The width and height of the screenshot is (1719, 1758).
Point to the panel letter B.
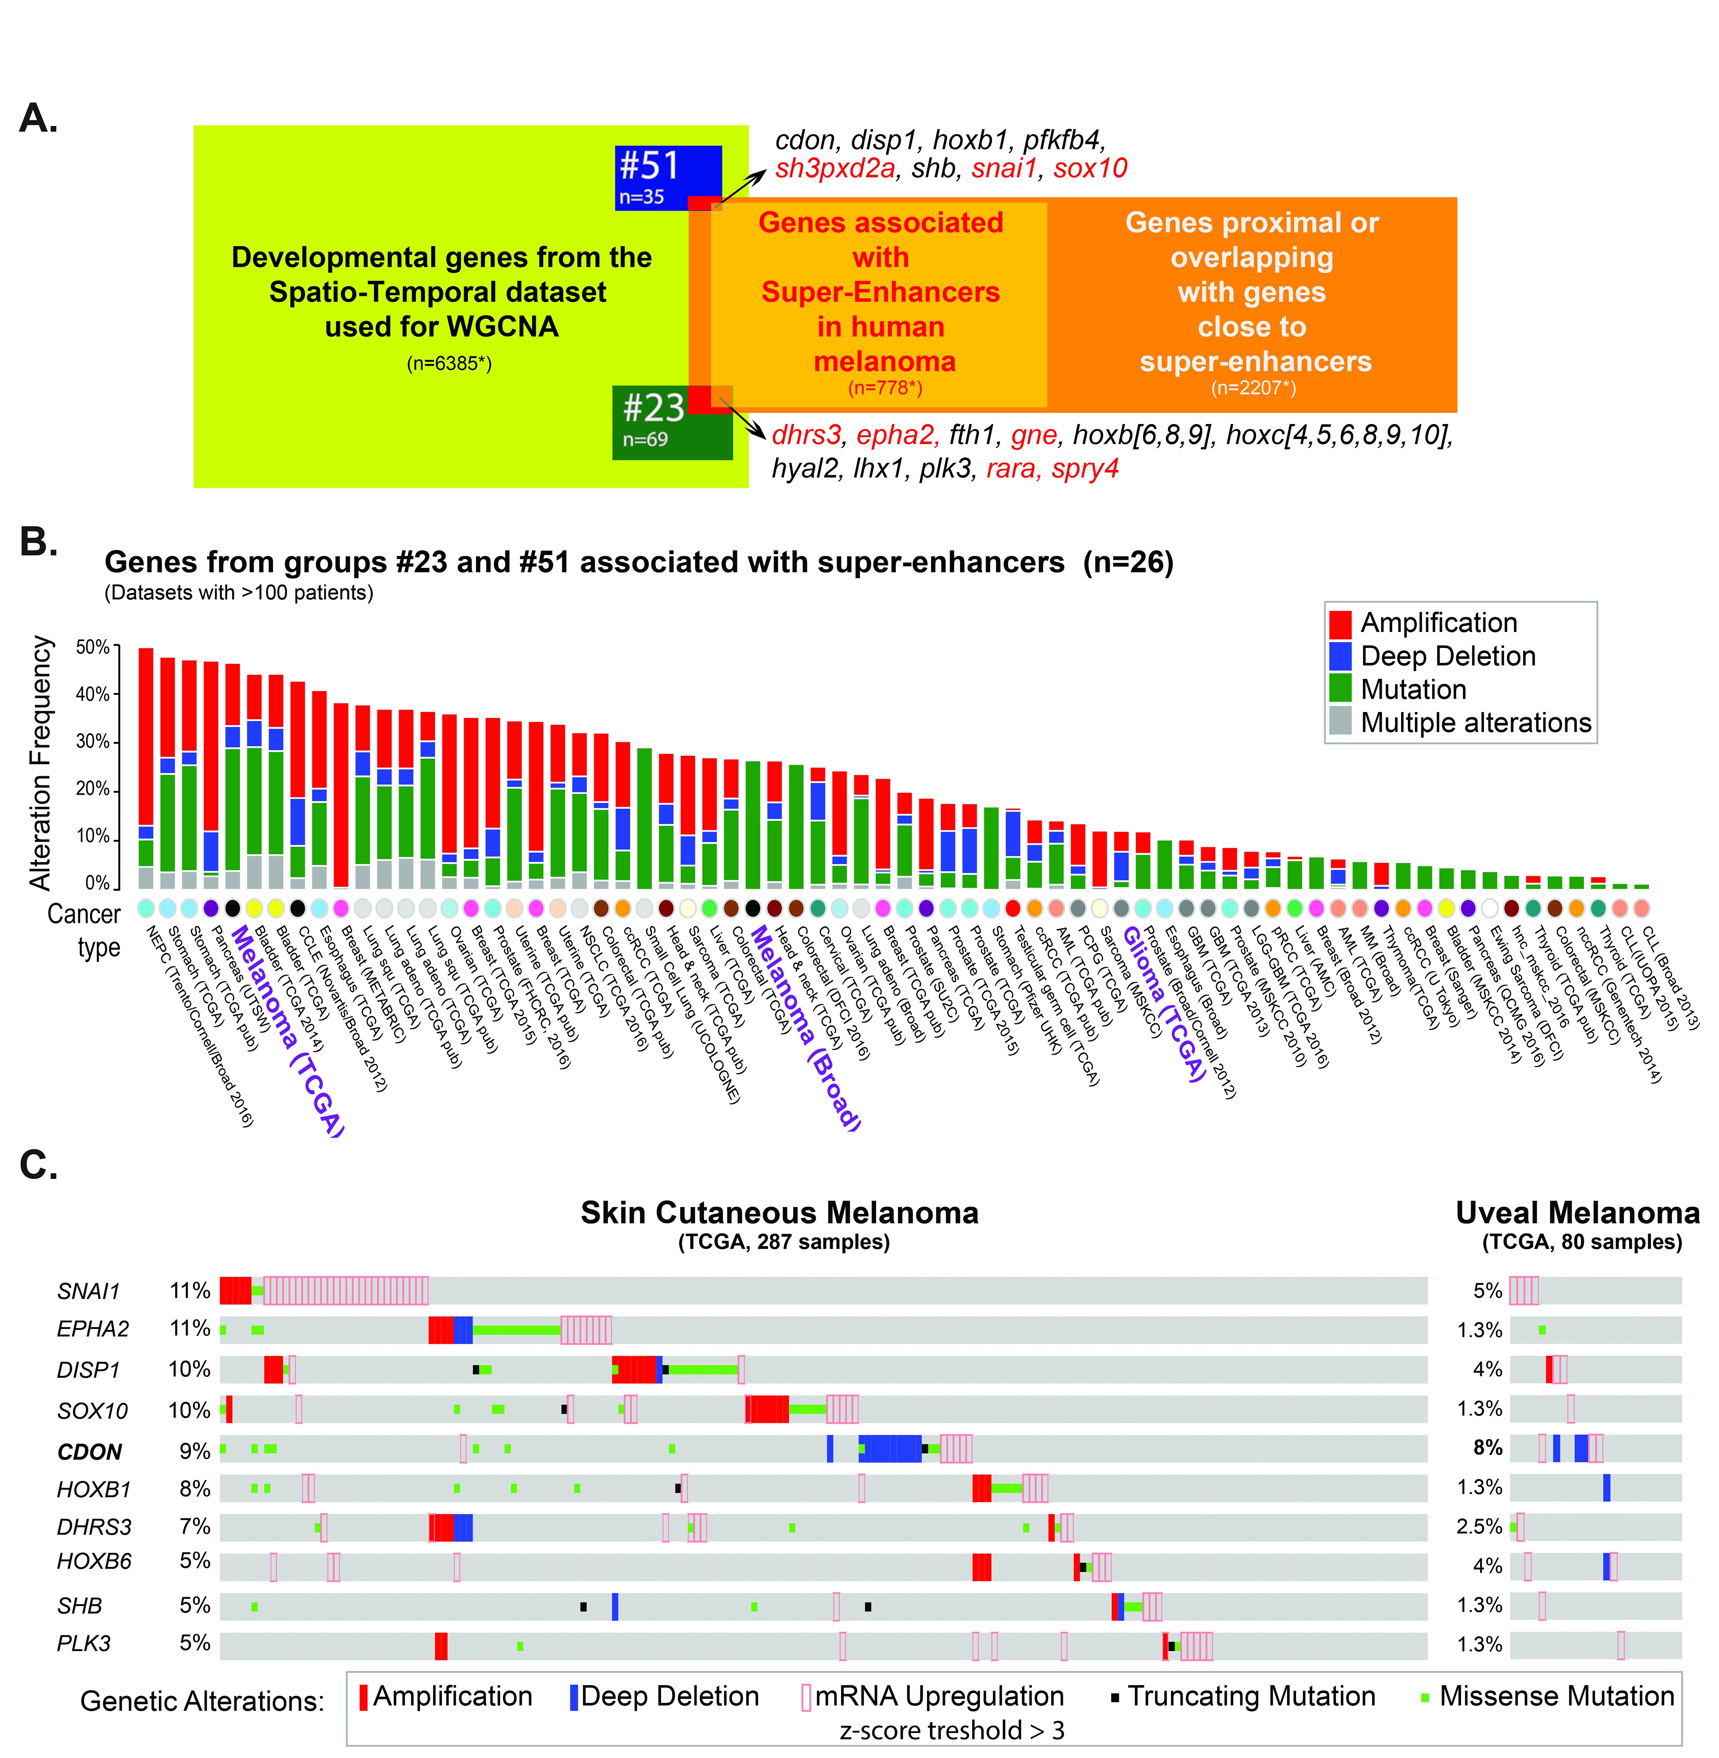(x=38, y=542)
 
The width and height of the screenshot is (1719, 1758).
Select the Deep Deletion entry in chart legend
(x=1447, y=656)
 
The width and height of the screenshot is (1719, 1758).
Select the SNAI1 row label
(x=88, y=1292)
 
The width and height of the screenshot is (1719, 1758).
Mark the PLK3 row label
(x=84, y=1643)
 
